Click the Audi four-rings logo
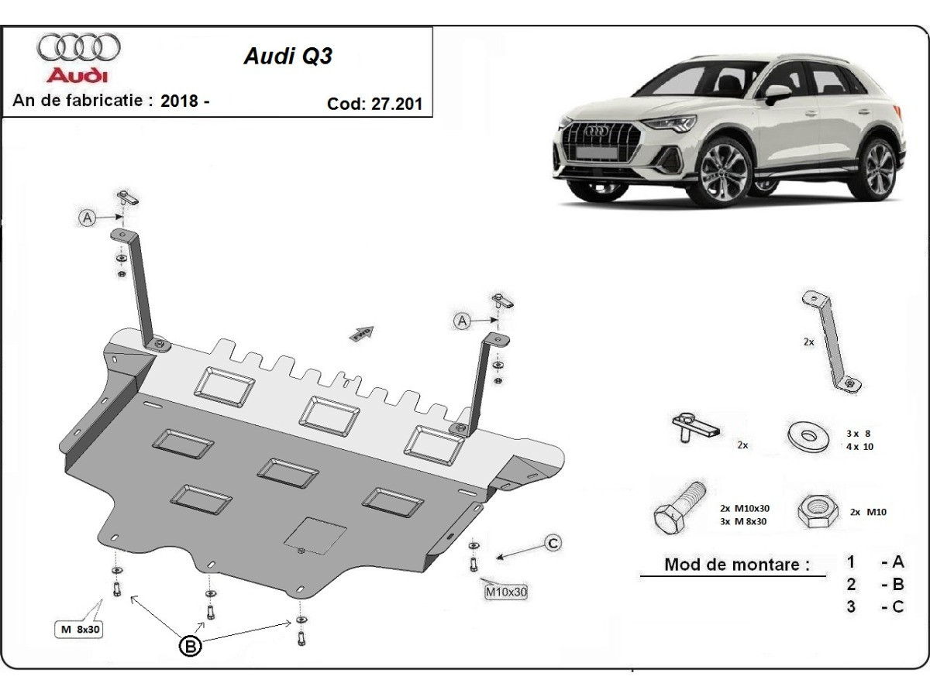coord(78,48)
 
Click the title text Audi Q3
coord(288,57)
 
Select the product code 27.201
coord(398,104)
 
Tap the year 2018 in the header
coord(178,100)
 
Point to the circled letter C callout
coord(553,544)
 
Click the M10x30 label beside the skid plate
coord(506,592)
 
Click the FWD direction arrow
coord(363,334)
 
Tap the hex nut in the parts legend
coord(818,512)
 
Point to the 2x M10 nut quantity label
coord(868,512)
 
